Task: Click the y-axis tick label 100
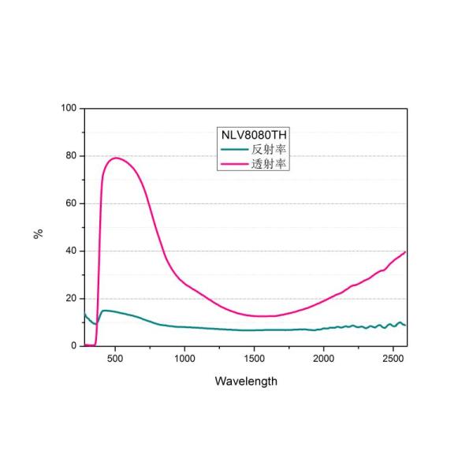pos(69,108)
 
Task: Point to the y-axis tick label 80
pos(71,155)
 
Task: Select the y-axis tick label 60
pos(71,203)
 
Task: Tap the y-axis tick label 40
pos(71,251)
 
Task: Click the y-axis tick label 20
pos(71,299)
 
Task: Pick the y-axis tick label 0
pos(73,346)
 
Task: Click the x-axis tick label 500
pos(115,358)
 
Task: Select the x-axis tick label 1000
pos(184,358)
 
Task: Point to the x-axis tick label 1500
pos(254,358)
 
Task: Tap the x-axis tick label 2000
pos(323,358)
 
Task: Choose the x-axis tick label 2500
pos(393,358)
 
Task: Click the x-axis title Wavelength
pos(246,381)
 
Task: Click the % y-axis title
pos(38,233)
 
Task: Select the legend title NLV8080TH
pos(251,135)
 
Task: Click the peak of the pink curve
pos(116,158)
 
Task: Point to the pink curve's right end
pos(405,252)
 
